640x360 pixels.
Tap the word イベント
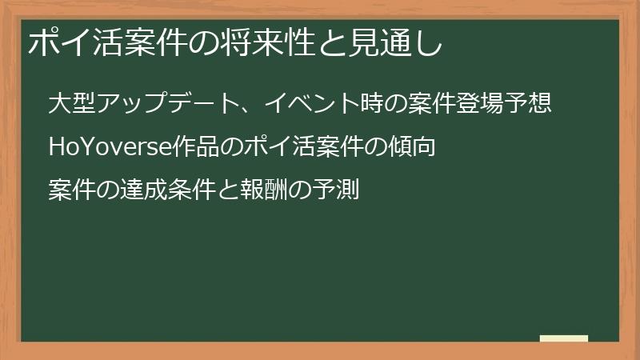pos(313,104)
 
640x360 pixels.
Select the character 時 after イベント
pos(371,104)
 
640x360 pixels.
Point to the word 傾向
pos(411,147)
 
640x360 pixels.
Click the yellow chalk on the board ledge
pos(564,339)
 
